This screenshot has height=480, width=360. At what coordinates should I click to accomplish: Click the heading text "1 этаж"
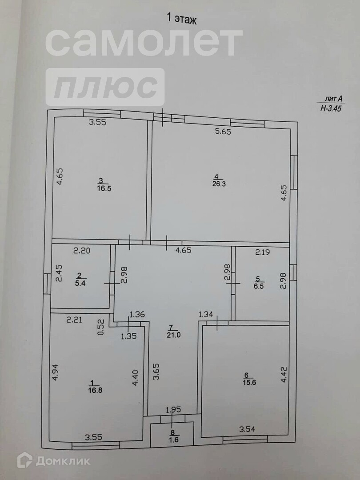click(181, 19)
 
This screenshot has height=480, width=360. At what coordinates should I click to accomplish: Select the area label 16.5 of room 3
click(101, 188)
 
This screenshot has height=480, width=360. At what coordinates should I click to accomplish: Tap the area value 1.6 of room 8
click(172, 440)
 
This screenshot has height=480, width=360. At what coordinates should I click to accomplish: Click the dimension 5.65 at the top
click(223, 131)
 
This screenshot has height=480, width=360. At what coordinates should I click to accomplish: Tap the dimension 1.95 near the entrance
click(173, 409)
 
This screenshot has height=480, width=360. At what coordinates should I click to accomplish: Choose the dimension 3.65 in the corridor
click(156, 369)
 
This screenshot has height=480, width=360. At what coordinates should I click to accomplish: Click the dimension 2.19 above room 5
click(263, 252)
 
